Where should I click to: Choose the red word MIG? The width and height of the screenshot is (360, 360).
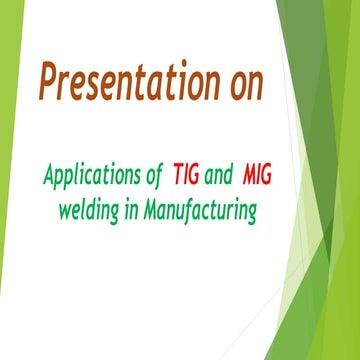(256, 176)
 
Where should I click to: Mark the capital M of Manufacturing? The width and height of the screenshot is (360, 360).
(163, 210)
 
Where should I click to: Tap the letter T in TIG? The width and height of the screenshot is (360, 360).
(178, 176)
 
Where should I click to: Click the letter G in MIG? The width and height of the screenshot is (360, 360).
(266, 176)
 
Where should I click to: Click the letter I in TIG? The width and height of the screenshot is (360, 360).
(187, 176)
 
